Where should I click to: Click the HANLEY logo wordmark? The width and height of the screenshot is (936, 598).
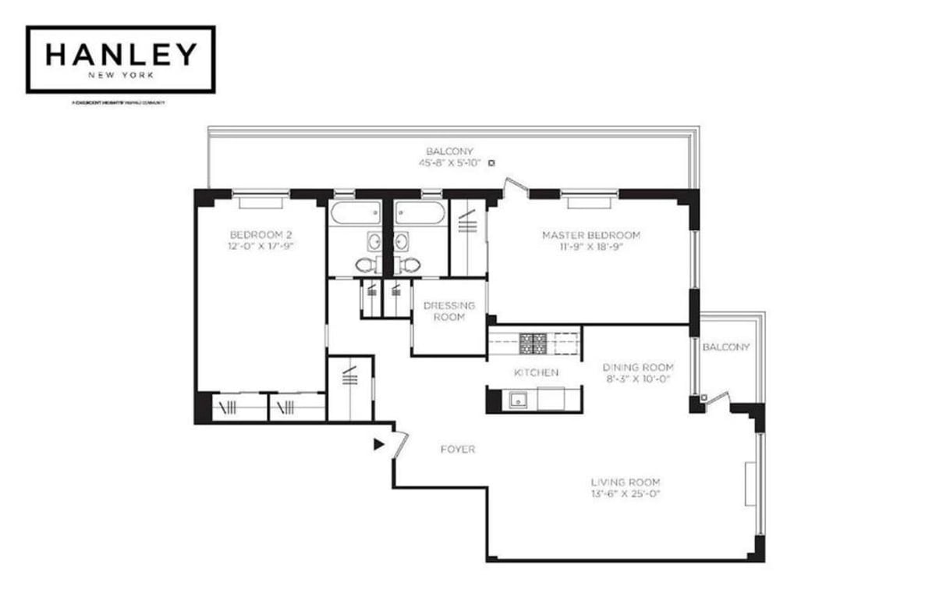coord(120,54)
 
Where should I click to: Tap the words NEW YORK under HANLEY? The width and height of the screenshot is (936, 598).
coord(120,77)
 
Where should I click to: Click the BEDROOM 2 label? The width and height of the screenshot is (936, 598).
coord(261,234)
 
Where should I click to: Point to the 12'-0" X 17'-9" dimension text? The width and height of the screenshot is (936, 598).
coord(261,246)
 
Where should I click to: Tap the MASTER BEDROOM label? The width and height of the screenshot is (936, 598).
coord(591,235)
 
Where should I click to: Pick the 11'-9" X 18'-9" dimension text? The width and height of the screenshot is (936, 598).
coord(591,247)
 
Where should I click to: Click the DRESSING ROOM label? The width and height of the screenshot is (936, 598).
coord(449,311)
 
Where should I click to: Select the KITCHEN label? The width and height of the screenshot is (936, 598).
coord(535,373)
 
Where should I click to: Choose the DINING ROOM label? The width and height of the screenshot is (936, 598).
coord(638,368)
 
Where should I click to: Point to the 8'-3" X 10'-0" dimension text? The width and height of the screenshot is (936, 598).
coord(638,379)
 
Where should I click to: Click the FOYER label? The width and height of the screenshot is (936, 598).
coord(458,450)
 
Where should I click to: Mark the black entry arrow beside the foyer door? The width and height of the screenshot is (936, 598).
coord(379,444)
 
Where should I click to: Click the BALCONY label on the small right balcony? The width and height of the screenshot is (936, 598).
coord(726,347)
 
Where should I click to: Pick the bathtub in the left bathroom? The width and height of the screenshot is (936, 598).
coord(355,212)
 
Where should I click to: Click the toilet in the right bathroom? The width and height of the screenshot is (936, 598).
coord(409,265)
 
